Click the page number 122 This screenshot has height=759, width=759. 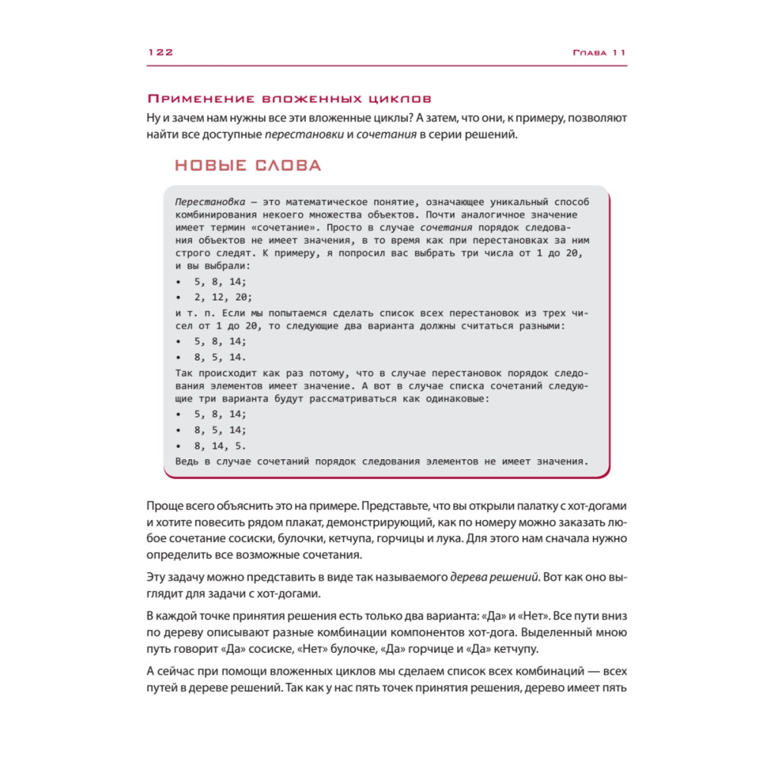(161, 52)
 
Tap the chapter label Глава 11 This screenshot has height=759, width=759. (599, 52)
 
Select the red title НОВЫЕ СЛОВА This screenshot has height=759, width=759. (247, 165)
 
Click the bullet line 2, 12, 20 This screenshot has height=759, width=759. (223, 297)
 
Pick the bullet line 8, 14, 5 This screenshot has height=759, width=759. (220, 445)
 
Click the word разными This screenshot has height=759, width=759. (541, 326)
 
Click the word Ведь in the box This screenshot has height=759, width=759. (187, 460)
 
